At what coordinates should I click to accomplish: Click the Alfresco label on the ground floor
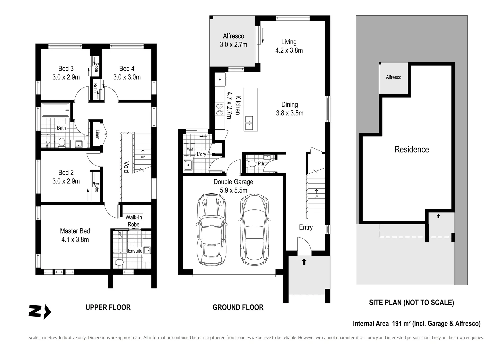(233, 36)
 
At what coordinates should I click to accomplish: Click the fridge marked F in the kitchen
(220, 80)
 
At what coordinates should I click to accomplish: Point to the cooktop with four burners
(220, 109)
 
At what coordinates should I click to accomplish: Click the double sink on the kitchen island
(249, 123)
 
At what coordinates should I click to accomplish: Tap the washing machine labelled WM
(189, 149)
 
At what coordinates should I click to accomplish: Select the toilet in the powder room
(252, 164)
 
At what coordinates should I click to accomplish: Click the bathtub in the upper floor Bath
(55, 110)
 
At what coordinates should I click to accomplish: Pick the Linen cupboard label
(97, 134)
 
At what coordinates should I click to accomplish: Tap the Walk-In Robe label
(134, 221)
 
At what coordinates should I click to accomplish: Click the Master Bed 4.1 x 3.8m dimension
(75, 240)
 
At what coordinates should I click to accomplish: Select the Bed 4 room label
(127, 68)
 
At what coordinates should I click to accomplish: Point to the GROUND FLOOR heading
(238, 307)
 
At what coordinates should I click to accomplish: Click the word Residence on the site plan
(412, 149)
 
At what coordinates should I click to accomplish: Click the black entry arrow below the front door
(304, 262)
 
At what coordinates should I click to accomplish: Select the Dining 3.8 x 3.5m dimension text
(289, 113)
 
